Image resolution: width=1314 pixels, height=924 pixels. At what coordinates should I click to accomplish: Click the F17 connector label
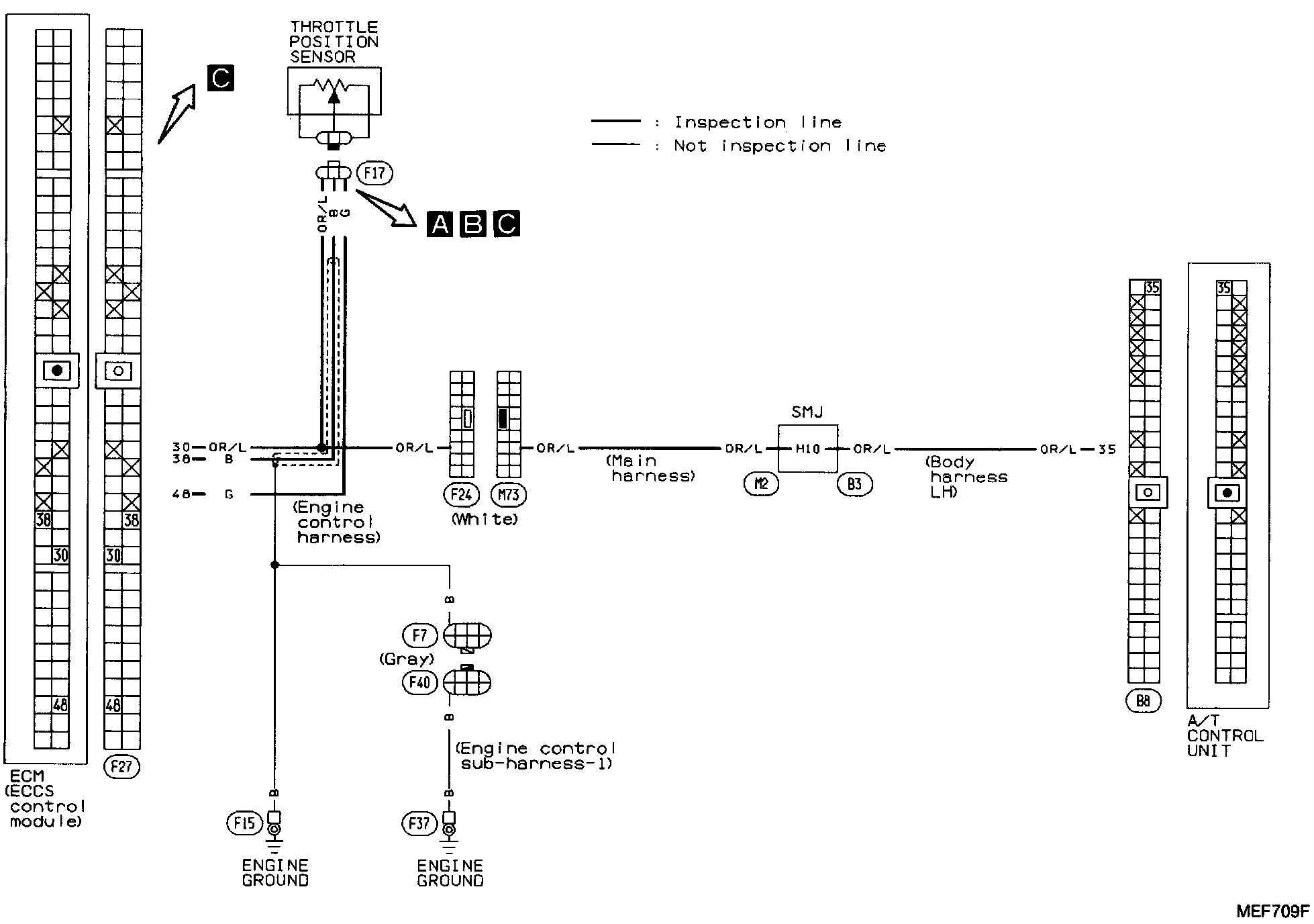click(374, 173)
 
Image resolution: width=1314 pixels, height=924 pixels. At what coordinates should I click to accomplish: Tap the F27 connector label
click(121, 766)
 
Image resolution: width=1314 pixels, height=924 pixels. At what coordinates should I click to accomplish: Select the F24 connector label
click(461, 495)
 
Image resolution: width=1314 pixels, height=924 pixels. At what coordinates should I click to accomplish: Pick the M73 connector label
click(509, 495)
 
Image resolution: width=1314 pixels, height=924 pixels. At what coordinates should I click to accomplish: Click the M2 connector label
click(761, 484)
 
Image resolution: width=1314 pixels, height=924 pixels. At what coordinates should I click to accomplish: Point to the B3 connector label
click(854, 484)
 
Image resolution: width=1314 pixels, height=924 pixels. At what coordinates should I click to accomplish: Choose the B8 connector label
click(1143, 701)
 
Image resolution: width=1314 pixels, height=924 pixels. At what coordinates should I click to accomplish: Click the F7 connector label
click(419, 635)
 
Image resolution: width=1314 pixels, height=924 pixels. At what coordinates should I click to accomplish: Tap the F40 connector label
click(419, 683)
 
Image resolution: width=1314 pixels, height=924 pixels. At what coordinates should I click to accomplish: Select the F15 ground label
click(244, 823)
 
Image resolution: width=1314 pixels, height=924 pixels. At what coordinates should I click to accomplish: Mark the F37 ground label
click(419, 823)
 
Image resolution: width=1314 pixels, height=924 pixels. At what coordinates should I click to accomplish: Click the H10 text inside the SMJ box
click(807, 449)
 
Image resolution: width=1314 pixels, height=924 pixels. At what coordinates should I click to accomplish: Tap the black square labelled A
click(440, 224)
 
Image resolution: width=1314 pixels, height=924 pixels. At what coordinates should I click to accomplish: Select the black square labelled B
click(473, 224)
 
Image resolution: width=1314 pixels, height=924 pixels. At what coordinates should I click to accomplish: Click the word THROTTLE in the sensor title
click(334, 27)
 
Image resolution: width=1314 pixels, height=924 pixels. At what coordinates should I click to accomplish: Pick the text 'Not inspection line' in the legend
click(780, 146)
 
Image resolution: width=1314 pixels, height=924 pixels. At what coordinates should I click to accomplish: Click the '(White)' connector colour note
click(485, 519)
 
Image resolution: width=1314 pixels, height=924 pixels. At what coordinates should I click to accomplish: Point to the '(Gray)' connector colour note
click(407, 659)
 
